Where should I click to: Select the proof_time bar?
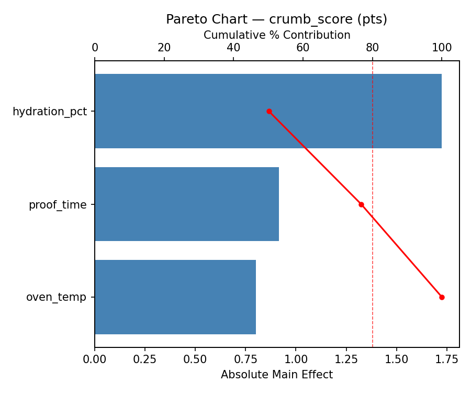tap(187, 204)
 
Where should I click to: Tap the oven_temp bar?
tap(175, 297)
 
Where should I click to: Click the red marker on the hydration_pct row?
tap(269, 111)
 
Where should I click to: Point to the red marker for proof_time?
tap(361, 204)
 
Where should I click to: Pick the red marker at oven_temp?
tap(442, 297)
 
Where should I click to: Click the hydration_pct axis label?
tap(50, 112)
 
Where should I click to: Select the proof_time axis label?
tap(58, 205)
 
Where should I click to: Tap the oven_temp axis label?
tap(56, 298)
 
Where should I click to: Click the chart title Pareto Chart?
tap(276, 19)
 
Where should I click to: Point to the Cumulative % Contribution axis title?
tap(277, 35)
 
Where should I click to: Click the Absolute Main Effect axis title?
tap(277, 375)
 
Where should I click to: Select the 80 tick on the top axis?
tap(373, 48)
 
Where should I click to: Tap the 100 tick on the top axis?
tap(442, 48)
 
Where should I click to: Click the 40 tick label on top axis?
tap(234, 48)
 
